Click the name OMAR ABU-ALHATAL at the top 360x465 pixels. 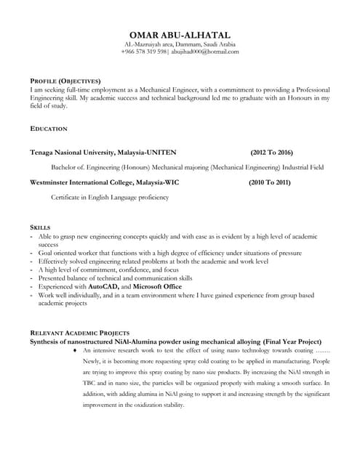click(x=180, y=34)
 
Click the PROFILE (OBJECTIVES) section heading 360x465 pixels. click(x=65, y=80)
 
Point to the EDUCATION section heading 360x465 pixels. click(x=49, y=128)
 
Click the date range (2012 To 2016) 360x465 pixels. click(x=271, y=153)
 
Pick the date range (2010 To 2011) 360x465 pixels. click(x=269, y=182)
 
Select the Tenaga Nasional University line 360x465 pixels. click(x=103, y=153)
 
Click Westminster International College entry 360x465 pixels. click(x=104, y=182)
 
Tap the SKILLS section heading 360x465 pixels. click(x=40, y=227)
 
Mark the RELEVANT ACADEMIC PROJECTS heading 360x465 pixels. click(x=79, y=332)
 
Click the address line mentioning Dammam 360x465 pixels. click(x=180, y=44)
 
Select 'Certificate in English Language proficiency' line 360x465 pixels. click(x=109, y=197)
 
